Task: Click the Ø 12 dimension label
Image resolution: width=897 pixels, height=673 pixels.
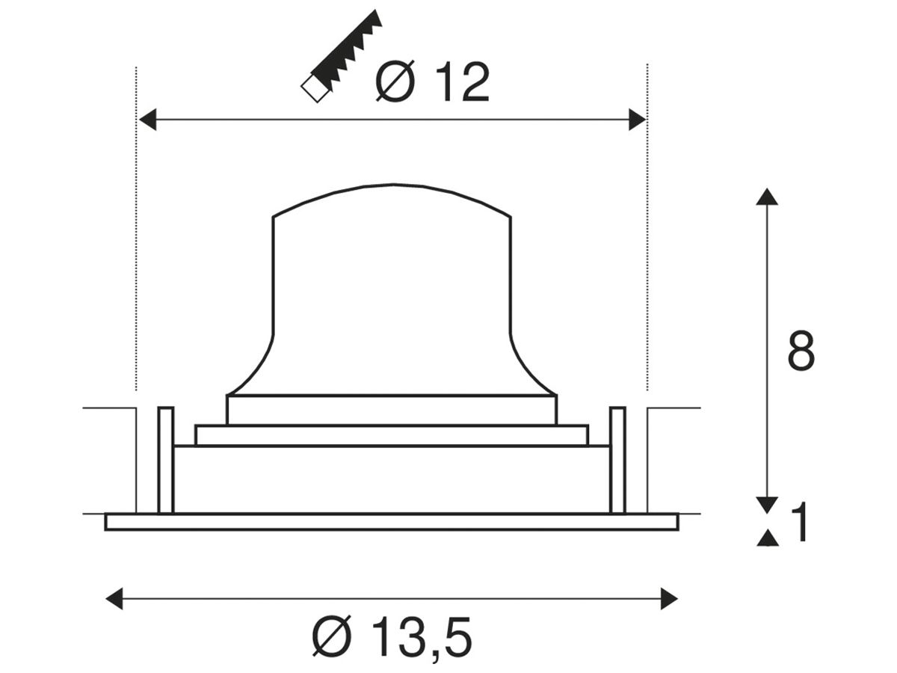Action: point(432,82)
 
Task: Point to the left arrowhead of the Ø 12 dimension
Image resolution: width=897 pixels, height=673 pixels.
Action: point(147,120)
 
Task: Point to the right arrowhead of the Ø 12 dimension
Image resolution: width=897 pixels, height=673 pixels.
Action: point(638,120)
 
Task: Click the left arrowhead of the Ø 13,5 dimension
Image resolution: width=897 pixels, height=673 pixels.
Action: point(114,599)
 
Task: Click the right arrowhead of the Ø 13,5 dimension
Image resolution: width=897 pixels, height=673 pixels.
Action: point(669,599)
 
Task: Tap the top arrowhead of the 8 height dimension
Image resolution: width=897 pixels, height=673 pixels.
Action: point(767,197)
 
